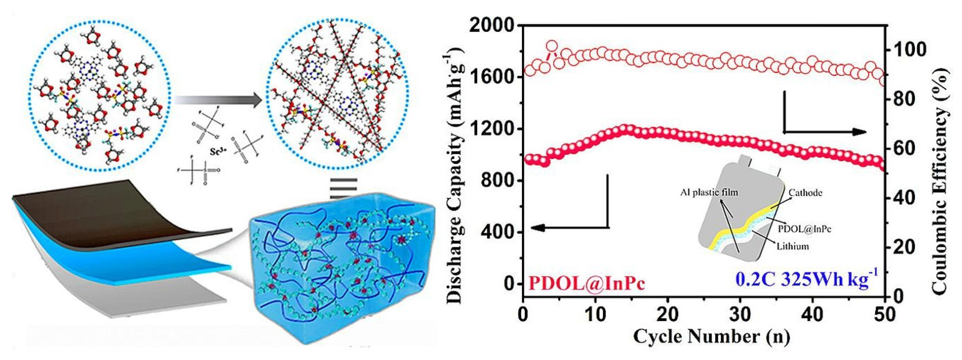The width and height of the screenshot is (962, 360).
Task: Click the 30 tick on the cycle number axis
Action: pos(740,314)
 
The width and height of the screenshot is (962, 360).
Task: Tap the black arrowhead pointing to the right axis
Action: pos(860,132)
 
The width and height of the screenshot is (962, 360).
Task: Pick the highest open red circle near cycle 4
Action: pos(552,46)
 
